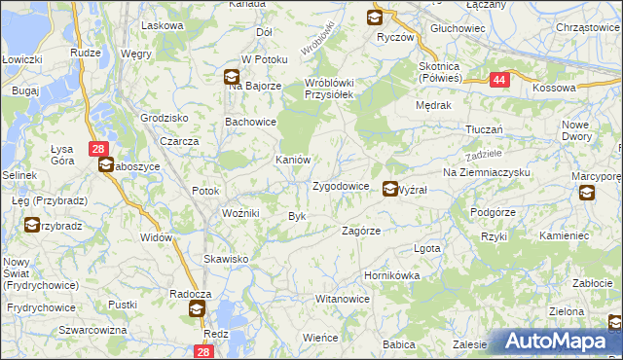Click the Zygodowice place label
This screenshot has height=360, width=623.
[340, 186]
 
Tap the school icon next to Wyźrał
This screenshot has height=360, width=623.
[389, 190]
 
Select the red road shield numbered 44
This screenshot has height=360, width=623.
[497, 81]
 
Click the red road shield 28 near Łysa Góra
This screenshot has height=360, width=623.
[97, 149]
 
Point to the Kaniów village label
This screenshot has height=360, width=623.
[292, 160]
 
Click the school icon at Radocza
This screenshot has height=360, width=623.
[197, 310]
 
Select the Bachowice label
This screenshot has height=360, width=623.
[250, 123]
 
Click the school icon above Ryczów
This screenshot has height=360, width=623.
[375, 18]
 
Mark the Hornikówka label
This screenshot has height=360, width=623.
[391, 275]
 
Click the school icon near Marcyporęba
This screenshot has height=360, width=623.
[587, 193]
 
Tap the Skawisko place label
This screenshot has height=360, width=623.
[226, 259]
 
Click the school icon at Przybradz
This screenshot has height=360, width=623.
[32, 225]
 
